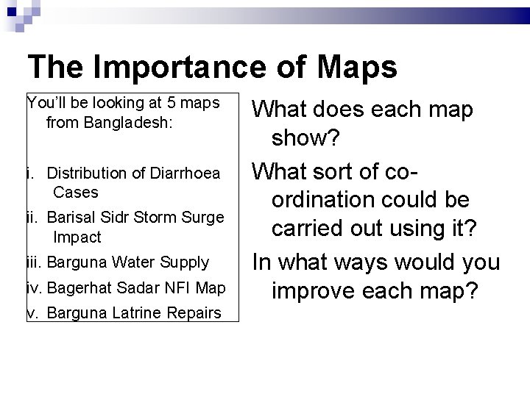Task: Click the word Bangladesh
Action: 109,122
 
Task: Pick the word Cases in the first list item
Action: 76,192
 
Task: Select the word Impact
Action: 77,237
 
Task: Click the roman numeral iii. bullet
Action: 35,262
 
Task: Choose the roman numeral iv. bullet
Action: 35,287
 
